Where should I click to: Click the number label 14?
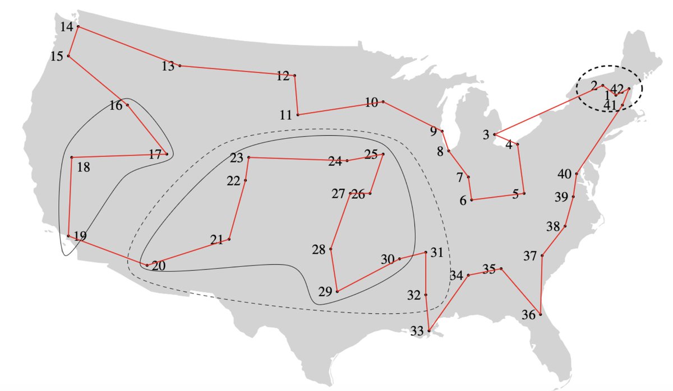pyautogui.click(x=67, y=26)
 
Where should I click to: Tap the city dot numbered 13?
pyautogui.click(x=179, y=66)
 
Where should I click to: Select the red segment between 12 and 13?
pyautogui.click(x=237, y=71)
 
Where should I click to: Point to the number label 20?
pyautogui.click(x=159, y=266)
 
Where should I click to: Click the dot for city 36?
pyautogui.click(x=540, y=314)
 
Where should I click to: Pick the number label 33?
pyautogui.click(x=417, y=331)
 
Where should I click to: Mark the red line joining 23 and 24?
pyautogui.click(x=297, y=159)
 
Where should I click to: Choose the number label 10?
pyautogui.click(x=371, y=103)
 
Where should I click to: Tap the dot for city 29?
pyautogui.click(x=337, y=291)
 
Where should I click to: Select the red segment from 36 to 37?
pyautogui.click(x=541, y=285)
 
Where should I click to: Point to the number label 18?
pyautogui.click(x=83, y=167)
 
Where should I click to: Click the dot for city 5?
pyautogui.click(x=524, y=193)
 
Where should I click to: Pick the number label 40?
pyautogui.click(x=564, y=173)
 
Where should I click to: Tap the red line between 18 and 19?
pyautogui.click(x=70, y=197)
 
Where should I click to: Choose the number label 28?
pyautogui.click(x=319, y=250)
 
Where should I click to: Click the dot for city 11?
pyautogui.click(x=298, y=114)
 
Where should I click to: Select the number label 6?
pyautogui.click(x=463, y=200)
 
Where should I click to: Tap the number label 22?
pyautogui.click(x=233, y=181)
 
